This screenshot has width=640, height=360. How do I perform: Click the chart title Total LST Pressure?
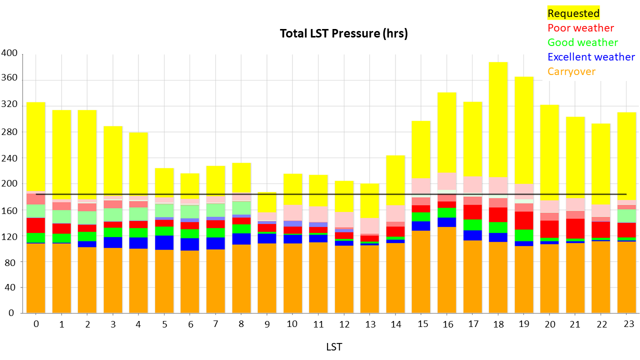(343, 34)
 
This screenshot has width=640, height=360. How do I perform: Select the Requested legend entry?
(573, 13)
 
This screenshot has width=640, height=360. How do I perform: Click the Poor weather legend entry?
(580, 28)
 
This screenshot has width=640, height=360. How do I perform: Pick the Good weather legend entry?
(582, 42)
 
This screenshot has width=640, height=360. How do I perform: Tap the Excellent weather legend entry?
(591, 57)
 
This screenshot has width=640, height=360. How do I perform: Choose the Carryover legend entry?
(571, 71)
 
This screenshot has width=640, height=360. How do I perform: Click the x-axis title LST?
(334, 347)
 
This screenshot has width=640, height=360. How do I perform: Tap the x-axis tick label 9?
(267, 324)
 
